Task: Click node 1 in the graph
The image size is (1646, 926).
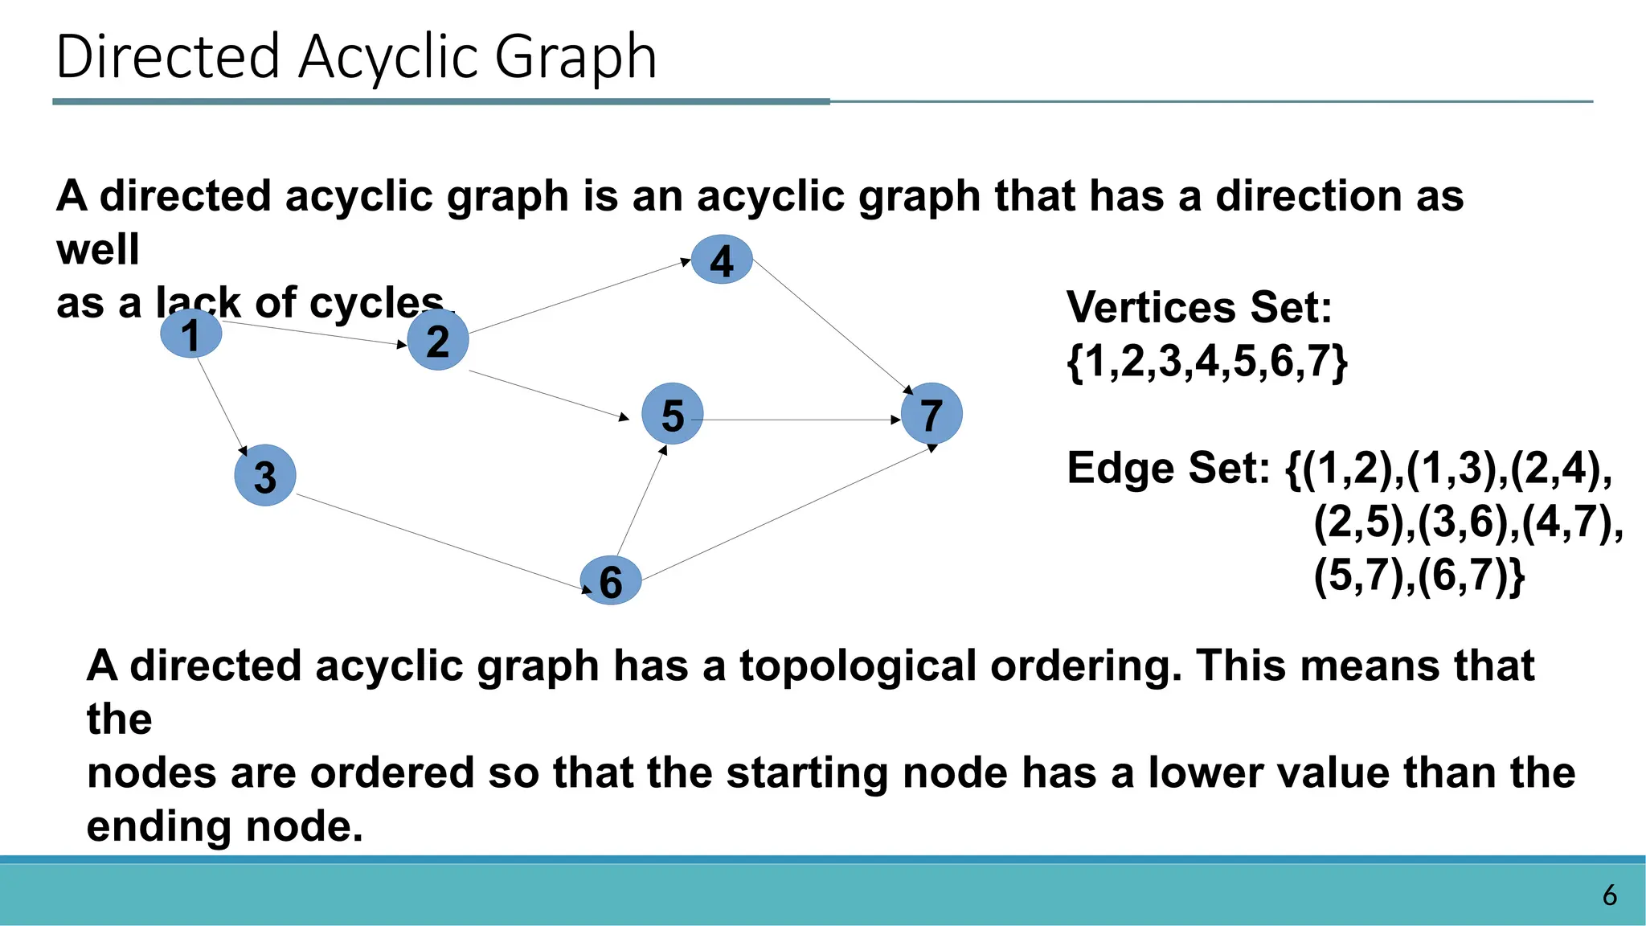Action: click(191, 334)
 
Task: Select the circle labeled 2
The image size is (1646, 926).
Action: click(438, 340)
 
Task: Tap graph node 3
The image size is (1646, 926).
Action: click(265, 475)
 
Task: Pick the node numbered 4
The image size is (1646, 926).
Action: click(722, 260)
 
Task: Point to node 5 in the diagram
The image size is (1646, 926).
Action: click(673, 414)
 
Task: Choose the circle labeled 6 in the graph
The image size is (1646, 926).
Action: click(611, 580)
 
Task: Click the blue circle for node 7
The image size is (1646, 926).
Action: click(932, 414)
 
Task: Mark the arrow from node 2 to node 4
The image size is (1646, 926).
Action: click(579, 296)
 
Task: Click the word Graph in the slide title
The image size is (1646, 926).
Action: click(575, 58)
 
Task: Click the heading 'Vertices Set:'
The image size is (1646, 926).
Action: click(1199, 308)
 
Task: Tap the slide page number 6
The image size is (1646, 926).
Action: click(1609, 895)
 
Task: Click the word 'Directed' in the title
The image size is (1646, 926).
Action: click(168, 58)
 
